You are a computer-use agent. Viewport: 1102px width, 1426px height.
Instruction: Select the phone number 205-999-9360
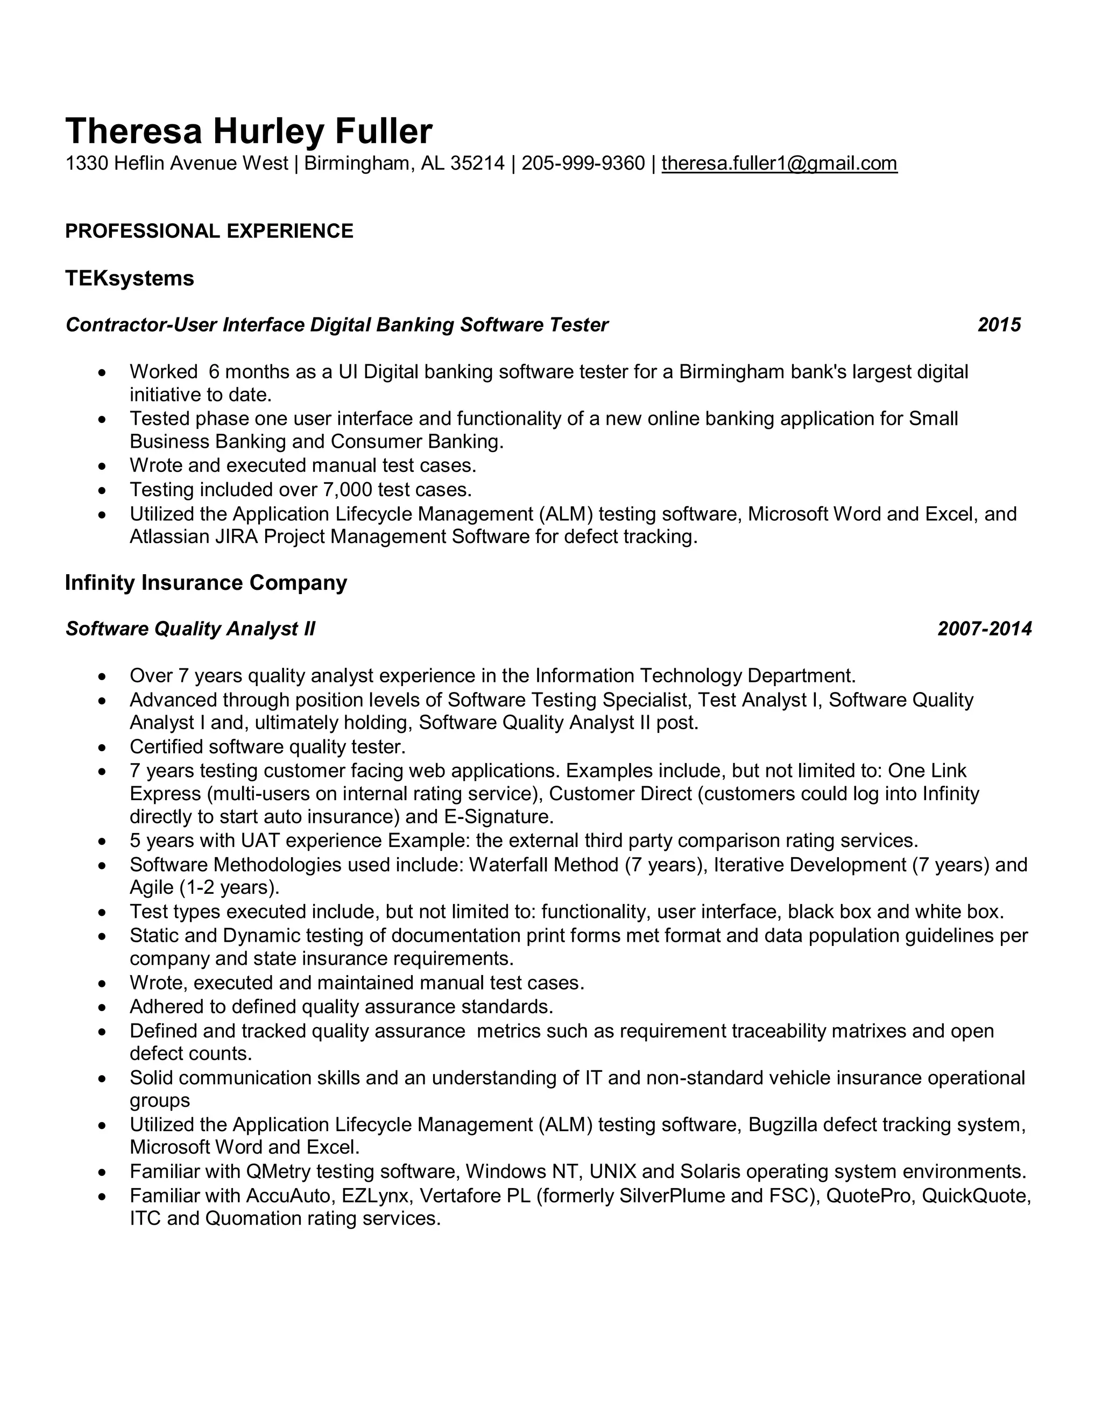tap(583, 163)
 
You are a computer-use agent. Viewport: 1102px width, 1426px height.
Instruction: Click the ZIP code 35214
tap(477, 163)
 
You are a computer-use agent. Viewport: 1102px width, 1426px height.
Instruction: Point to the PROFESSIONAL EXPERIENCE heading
tap(209, 231)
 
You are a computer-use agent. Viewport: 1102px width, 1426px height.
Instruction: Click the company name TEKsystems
tap(129, 278)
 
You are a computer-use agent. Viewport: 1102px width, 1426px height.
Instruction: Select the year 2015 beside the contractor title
tap(999, 324)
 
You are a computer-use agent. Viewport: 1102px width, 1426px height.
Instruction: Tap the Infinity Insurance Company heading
tap(206, 582)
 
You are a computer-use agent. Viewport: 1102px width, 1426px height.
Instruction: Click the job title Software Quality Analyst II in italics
tap(190, 628)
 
